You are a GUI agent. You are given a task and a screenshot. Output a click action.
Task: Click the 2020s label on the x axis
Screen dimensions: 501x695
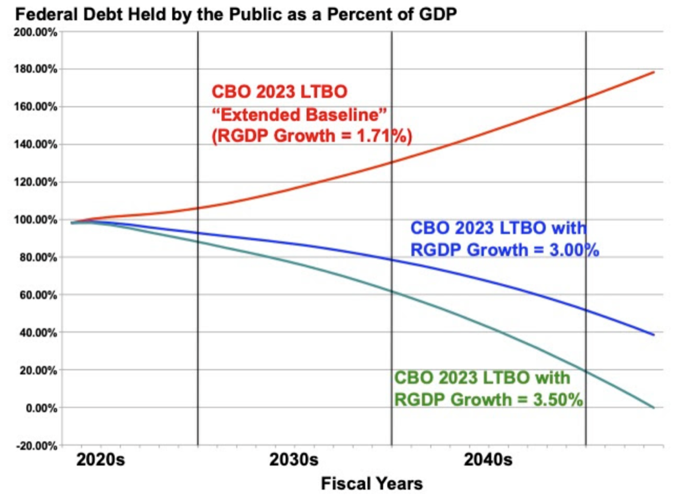(100, 460)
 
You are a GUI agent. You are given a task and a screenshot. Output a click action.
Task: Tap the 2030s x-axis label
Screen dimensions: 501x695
(294, 460)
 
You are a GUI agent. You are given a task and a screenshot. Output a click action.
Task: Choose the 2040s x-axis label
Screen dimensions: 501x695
(488, 460)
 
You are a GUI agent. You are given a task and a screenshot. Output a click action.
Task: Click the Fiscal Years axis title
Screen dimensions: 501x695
(372, 483)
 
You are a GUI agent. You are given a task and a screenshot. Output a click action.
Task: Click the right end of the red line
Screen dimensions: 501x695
(654, 72)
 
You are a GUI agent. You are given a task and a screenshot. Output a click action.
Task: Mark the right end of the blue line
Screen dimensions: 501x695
(654, 335)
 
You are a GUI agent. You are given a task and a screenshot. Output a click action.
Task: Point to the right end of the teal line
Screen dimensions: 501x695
(654, 408)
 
